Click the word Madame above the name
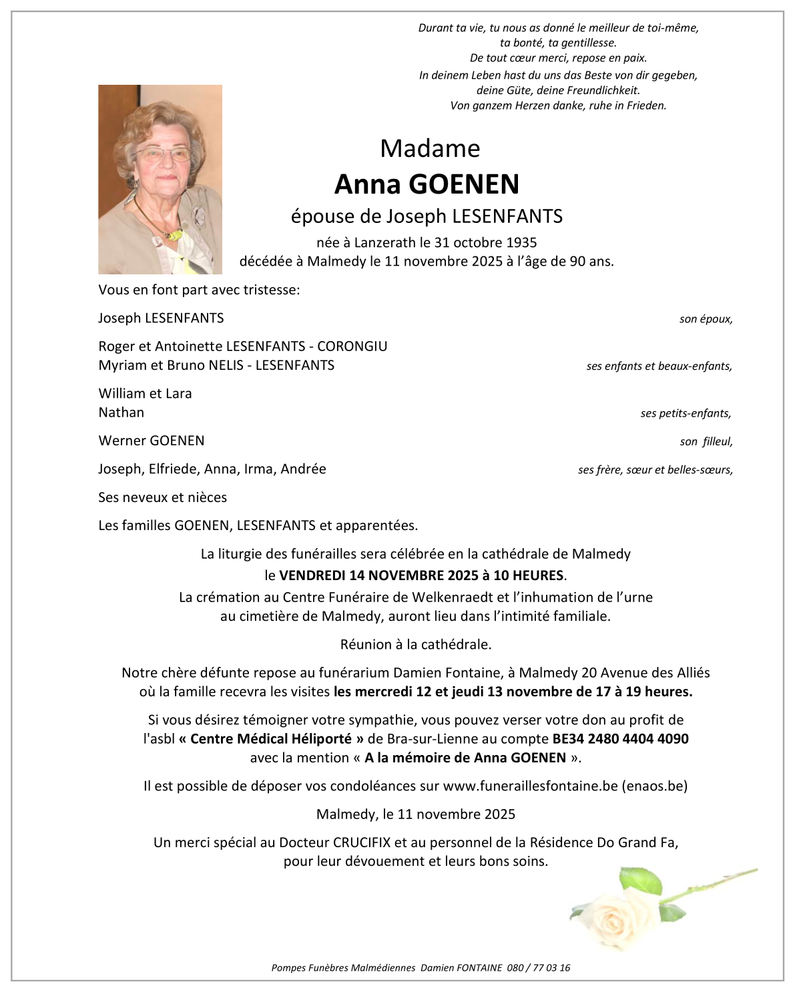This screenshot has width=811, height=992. [430, 148]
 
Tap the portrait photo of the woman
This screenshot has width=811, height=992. [160, 179]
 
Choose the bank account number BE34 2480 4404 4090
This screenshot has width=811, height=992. [620, 739]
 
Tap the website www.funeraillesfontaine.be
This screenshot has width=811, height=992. [530, 786]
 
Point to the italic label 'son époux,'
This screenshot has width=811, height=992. [706, 319]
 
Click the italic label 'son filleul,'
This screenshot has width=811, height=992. [706, 442]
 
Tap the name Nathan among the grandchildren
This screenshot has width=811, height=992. [121, 413]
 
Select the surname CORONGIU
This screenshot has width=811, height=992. [352, 346]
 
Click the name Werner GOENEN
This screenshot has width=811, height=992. [152, 441]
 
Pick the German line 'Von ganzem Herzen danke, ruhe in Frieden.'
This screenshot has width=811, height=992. [558, 105]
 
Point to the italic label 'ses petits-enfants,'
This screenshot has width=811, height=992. [686, 414]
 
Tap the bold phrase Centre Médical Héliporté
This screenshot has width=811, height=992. [271, 739]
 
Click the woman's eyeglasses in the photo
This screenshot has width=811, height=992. [162, 154]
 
